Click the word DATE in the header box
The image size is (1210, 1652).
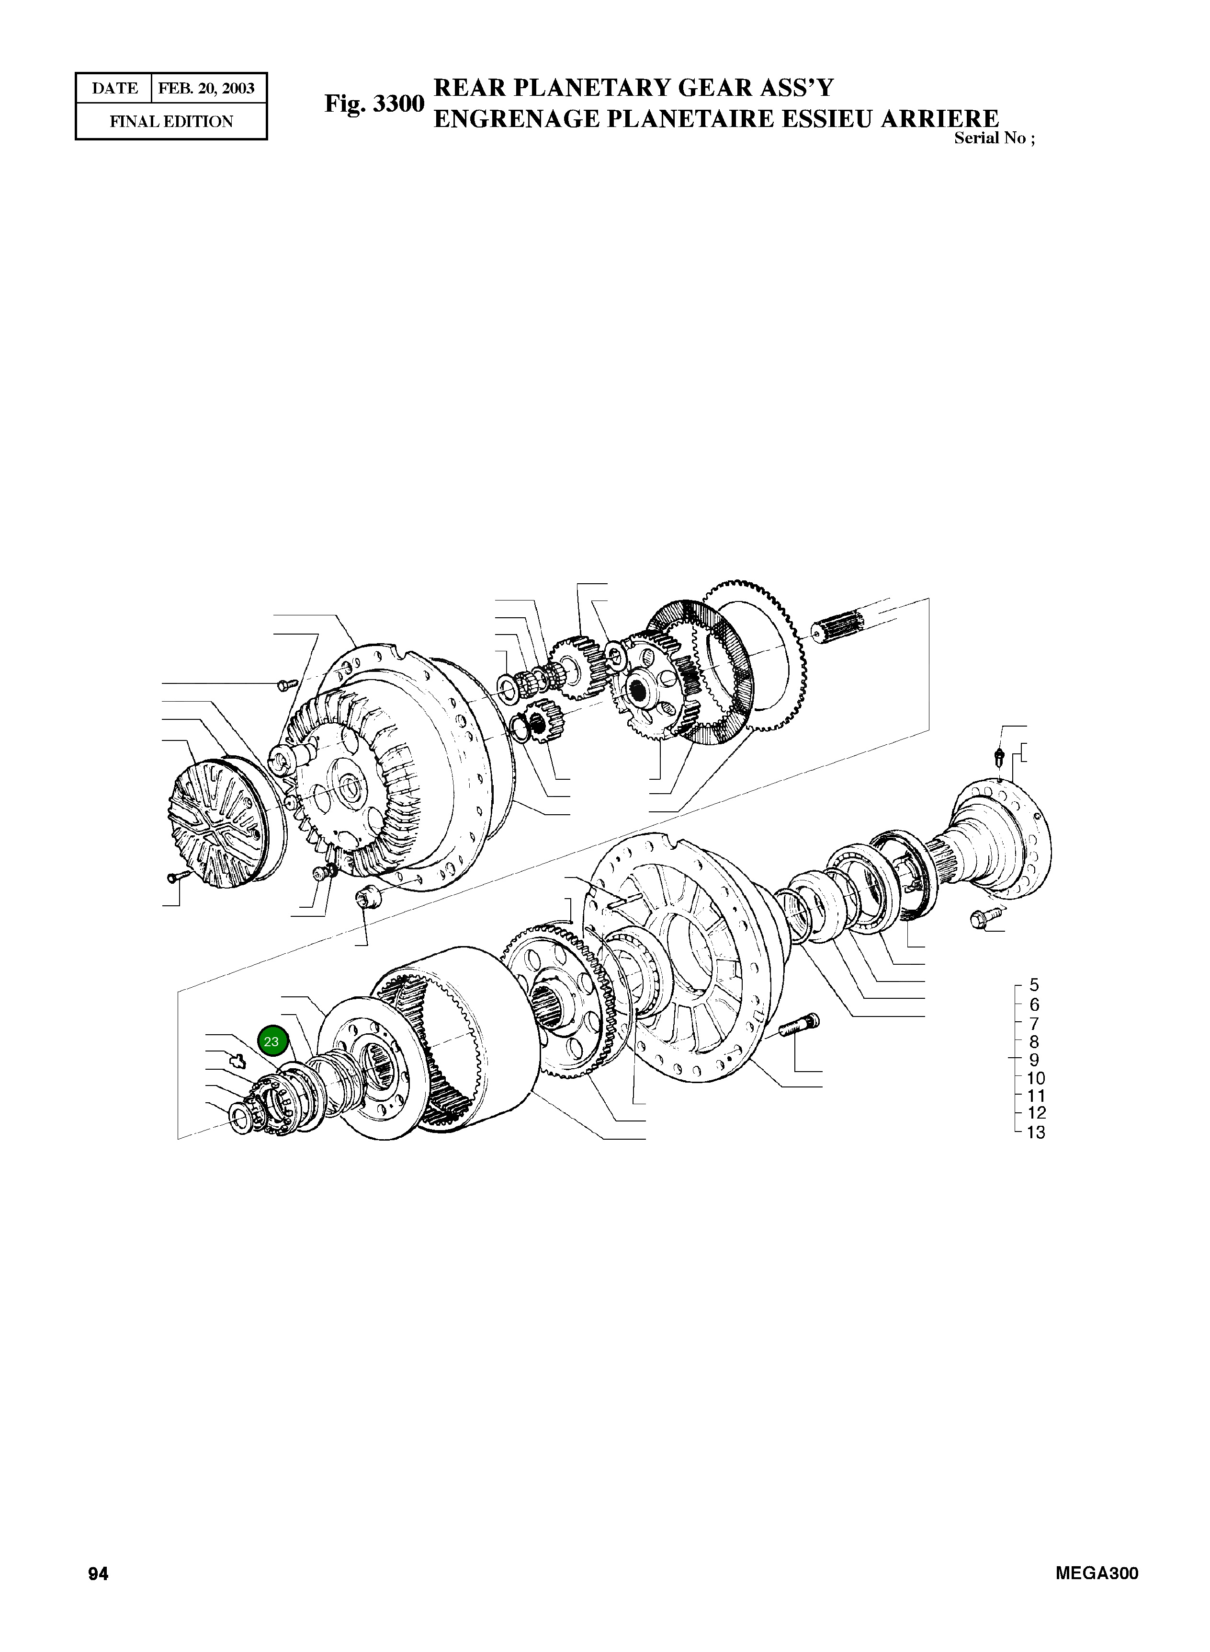114,89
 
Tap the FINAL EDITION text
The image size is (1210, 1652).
171,122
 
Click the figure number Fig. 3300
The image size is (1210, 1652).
374,104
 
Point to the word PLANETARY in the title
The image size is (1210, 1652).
598,88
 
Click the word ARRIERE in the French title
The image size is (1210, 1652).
940,119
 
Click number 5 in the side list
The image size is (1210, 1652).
1033,985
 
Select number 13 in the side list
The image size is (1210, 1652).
1035,1132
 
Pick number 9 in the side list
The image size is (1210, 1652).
1033,1060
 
